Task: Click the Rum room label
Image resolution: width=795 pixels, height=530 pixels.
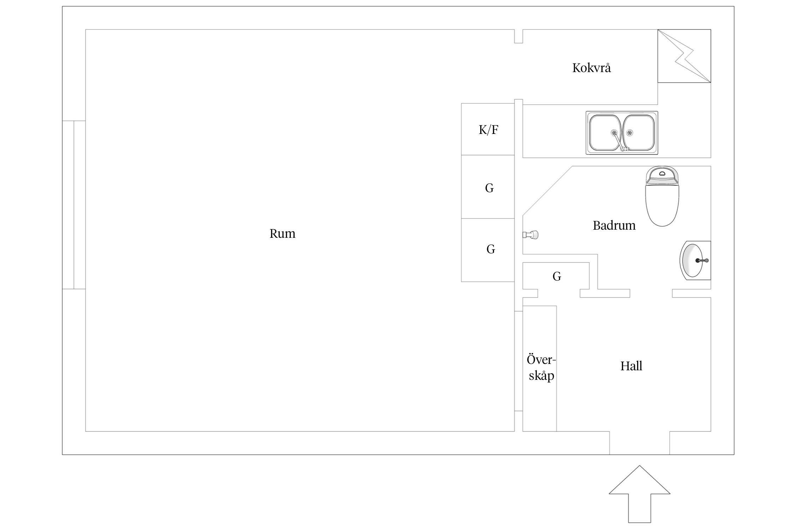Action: [282, 234]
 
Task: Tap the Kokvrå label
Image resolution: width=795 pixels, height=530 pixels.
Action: [591, 68]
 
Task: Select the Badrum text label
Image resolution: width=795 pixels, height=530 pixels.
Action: [614, 225]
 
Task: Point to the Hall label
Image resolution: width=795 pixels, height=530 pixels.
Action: [631, 366]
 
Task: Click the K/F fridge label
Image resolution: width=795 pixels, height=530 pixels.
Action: [488, 130]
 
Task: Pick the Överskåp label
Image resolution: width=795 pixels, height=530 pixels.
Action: [541, 367]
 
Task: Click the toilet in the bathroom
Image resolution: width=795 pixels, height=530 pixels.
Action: [662, 203]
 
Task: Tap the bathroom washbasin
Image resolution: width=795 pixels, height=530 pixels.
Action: [693, 261]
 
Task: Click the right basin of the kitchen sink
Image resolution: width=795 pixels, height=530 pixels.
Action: [639, 132]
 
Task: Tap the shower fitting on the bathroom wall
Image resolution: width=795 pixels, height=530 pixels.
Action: [531, 235]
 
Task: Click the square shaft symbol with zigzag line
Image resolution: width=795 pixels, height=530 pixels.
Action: [684, 56]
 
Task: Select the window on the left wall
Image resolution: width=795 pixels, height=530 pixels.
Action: [74, 205]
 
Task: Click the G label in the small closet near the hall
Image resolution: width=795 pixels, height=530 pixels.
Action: [557, 276]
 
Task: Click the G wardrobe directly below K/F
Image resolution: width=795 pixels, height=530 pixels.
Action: [489, 188]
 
